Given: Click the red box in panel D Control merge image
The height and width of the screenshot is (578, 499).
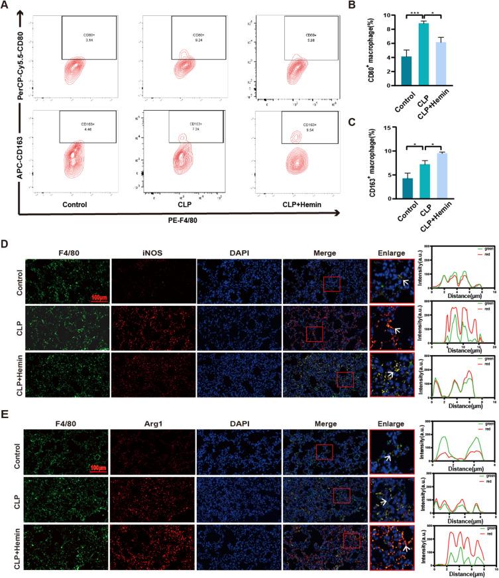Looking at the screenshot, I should tap(331, 284).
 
